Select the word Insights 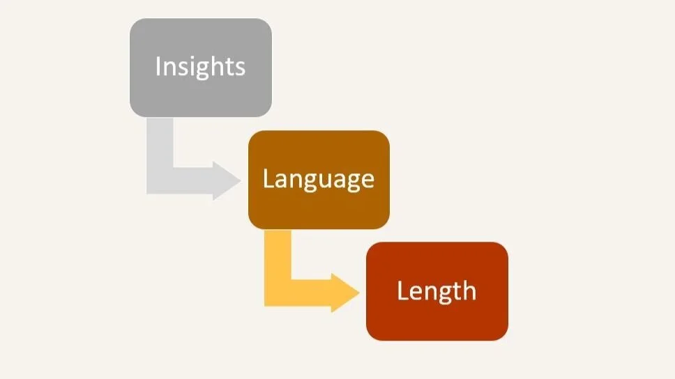pyautogui.click(x=200, y=67)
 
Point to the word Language pyautogui.click(x=319, y=180)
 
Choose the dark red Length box pyautogui.click(x=437, y=317)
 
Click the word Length pyautogui.click(x=437, y=291)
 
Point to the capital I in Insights pyautogui.click(x=158, y=66)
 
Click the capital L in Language pyautogui.click(x=267, y=179)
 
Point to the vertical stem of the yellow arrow pyautogui.click(x=278, y=258)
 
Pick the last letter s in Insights pyautogui.click(x=240, y=68)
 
